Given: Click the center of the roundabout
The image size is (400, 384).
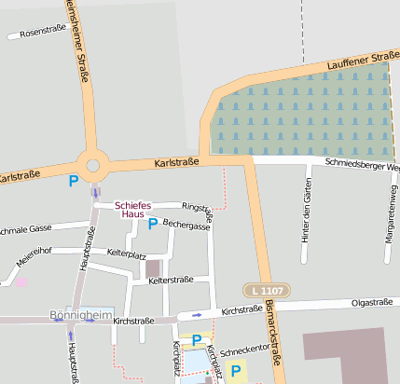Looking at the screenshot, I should [x=92, y=166].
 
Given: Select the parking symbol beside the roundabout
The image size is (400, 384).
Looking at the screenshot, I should [x=74, y=180].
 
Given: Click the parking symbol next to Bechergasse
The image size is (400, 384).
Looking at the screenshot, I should [x=153, y=224].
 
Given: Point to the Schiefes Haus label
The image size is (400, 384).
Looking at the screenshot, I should [x=132, y=209].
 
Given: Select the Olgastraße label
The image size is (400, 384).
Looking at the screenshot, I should [x=371, y=302].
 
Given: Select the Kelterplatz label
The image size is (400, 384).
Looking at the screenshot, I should [x=127, y=253].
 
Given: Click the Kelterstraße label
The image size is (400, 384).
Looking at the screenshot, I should [x=171, y=280].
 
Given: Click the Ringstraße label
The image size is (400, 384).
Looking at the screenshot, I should [x=199, y=210].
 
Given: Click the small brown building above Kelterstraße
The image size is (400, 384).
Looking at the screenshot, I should [x=153, y=269].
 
